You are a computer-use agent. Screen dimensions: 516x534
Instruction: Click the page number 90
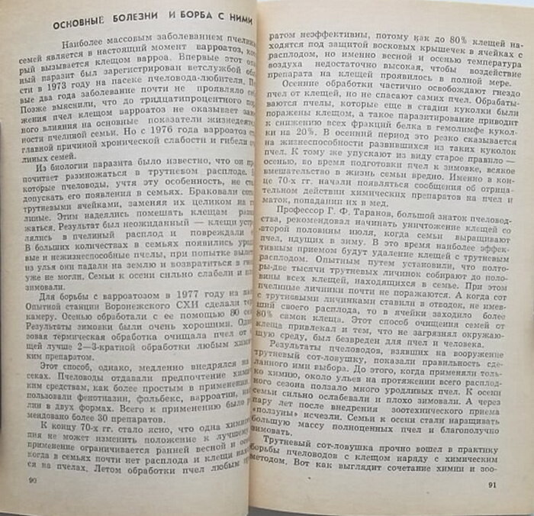pos(33,480)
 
